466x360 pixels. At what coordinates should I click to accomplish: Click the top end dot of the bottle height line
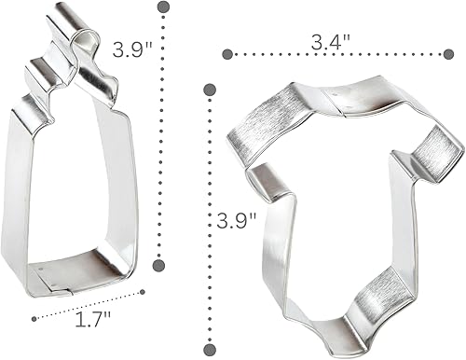[x=163, y=8]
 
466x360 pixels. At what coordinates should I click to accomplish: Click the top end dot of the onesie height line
[x=211, y=90]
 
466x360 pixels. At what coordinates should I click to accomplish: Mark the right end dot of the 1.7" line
[x=143, y=293]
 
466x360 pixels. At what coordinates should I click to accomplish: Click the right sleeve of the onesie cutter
[x=437, y=150]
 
